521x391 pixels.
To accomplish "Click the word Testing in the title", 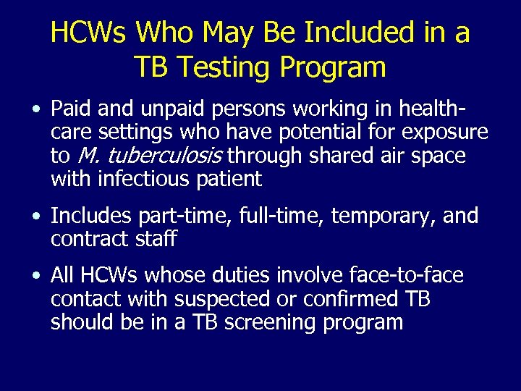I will coord(226,67).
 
